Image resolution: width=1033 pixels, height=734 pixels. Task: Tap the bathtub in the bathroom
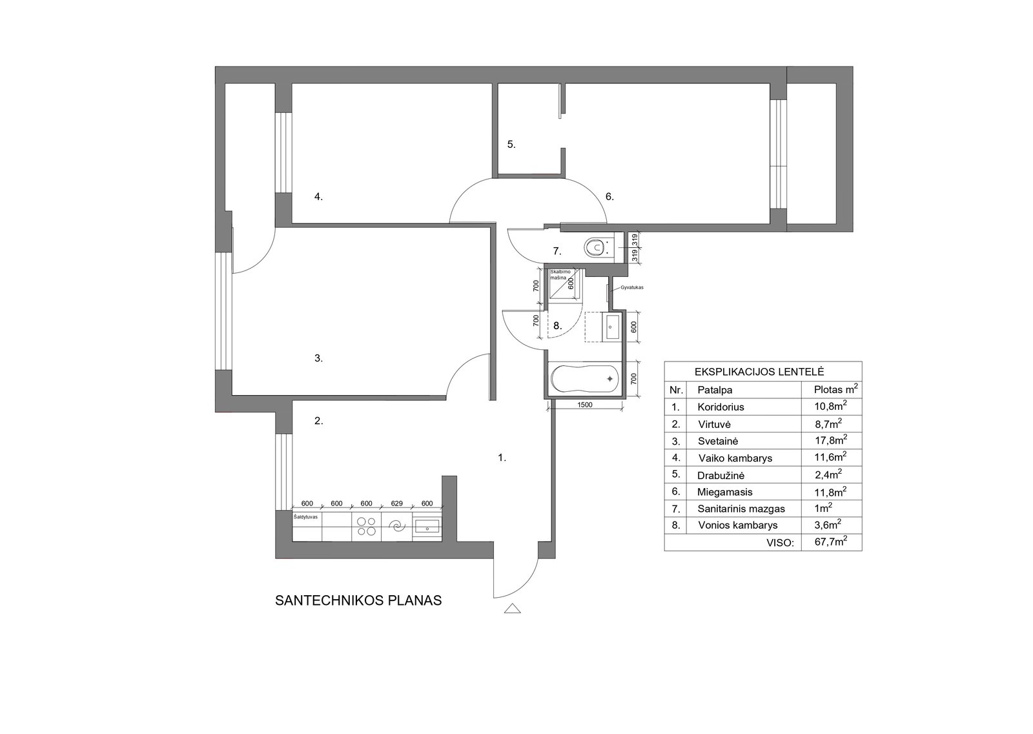pos(585,379)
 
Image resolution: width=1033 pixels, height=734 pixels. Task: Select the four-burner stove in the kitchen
pos(366,526)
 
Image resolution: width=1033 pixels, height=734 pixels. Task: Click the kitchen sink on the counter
pos(427,525)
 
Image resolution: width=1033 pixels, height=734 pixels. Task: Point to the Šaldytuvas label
pos(305,517)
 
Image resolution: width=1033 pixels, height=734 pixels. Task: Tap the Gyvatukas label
pos(632,287)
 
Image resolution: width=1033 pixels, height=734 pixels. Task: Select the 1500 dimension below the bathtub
pos(584,405)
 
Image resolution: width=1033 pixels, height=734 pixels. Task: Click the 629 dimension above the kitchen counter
pos(396,504)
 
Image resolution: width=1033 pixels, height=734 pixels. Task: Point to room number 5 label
pos(511,145)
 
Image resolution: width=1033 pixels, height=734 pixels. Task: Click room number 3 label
pos(318,358)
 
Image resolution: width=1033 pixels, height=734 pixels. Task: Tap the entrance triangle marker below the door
pos(513,609)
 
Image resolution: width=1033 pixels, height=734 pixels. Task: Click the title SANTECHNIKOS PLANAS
pos(358,600)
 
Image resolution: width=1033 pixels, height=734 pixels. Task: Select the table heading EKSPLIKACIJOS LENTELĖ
pos(759,372)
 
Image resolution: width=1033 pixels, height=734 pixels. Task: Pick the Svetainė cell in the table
pos(718,441)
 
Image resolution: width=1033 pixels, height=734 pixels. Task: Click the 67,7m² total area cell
pos(831,541)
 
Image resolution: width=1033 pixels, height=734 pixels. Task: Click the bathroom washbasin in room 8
pos(611,327)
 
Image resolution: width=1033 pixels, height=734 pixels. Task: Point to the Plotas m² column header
pos(836,389)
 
